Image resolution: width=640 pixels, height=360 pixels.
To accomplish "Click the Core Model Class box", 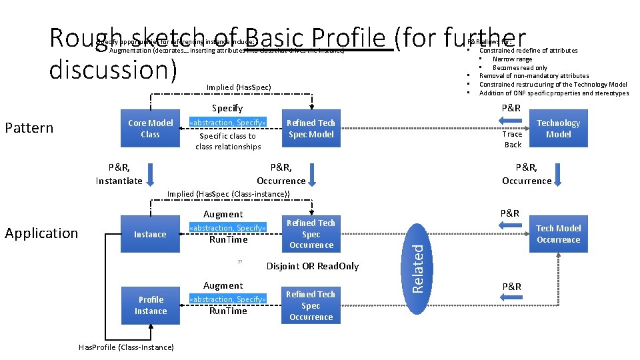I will pos(150,129).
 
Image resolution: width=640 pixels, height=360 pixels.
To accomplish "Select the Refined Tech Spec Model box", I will pos(311,129).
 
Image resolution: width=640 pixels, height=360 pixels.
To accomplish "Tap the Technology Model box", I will pos(558,129).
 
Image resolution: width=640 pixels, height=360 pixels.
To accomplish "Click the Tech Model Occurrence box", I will pos(558,234).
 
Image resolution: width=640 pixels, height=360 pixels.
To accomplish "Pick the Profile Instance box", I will pos(150,305).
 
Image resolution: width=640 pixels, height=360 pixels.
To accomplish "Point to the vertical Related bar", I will pos(418,265).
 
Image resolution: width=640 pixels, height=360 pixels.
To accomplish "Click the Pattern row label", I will pos(29,128).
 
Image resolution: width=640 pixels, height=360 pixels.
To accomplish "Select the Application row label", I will pos(41,233).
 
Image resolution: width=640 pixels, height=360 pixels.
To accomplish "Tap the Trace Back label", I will pos(512,139).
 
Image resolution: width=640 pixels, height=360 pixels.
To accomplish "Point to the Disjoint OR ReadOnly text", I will pos(312,266).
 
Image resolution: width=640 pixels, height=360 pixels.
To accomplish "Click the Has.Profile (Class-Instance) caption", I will pos(126,347).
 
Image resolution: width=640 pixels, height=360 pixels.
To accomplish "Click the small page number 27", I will pos(239,262).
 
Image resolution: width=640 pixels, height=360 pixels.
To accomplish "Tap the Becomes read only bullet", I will pos(519,67).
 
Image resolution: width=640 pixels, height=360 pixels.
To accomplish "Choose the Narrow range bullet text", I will pos(512,59).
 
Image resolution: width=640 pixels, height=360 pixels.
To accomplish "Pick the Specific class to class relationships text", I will pos(228,141).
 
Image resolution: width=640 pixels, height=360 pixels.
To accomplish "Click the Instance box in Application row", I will pos(150,234).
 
